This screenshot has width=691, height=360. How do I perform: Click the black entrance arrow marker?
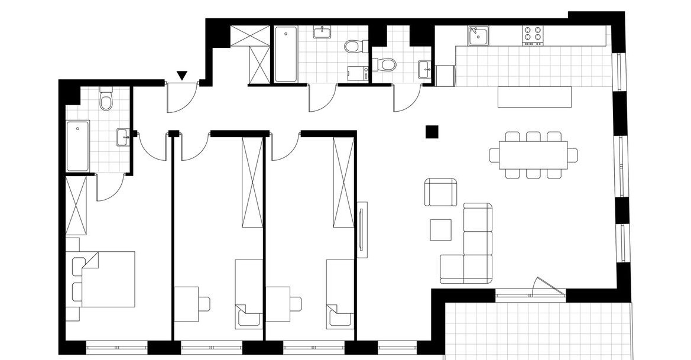pyautogui.click(x=182, y=75)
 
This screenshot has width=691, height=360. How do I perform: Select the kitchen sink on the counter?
pyautogui.click(x=478, y=35)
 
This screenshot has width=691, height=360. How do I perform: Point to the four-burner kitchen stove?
pyautogui.click(x=533, y=35)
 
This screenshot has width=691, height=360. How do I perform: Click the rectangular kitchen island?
pyautogui.click(x=536, y=97)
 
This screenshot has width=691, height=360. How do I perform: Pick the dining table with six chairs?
pyautogui.click(x=533, y=155)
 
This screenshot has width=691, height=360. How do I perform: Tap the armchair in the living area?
pyautogui.click(x=441, y=192)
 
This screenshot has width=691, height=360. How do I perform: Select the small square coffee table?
pyautogui.click(x=440, y=229)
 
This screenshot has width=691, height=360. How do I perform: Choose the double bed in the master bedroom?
pyautogui.click(x=106, y=279)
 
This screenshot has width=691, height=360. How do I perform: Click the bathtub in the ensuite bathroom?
pyautogui.click(x=78, y=146)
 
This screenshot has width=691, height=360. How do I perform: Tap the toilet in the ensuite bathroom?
pyautogui.click(x=106, y=100)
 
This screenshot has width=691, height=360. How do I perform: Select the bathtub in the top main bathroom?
pyautogui.click(x=286, y=55)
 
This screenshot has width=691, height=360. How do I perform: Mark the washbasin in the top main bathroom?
pyautogui.click(x=323, y=32)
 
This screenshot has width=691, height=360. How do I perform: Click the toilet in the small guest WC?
pyautogui.click(x=387, y=63)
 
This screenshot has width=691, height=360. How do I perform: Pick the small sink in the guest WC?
pyautogui.click(x=424, y=69)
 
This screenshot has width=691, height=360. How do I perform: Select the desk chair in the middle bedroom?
pyautogui.click(x=203, y=303)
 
